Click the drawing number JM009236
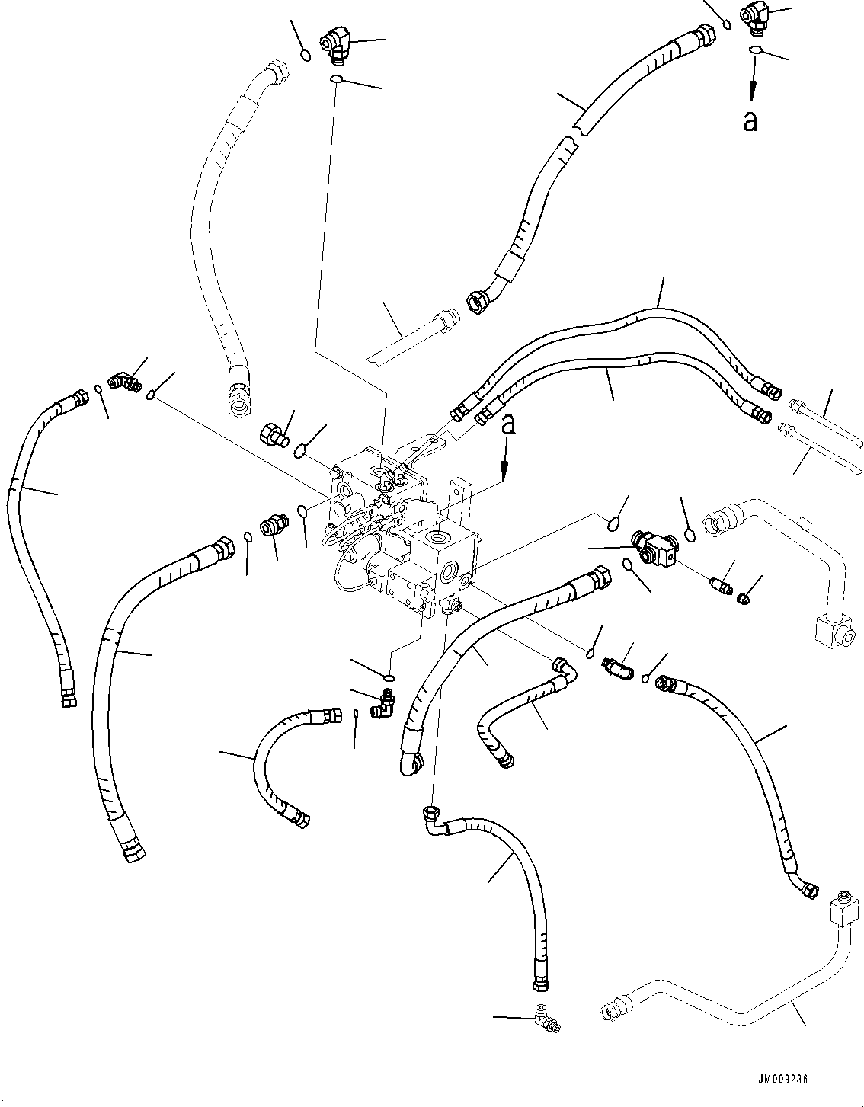[782, 1080]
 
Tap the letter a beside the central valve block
[507, 425]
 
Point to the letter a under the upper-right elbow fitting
[750, 121]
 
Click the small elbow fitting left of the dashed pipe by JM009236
[546, 1018]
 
